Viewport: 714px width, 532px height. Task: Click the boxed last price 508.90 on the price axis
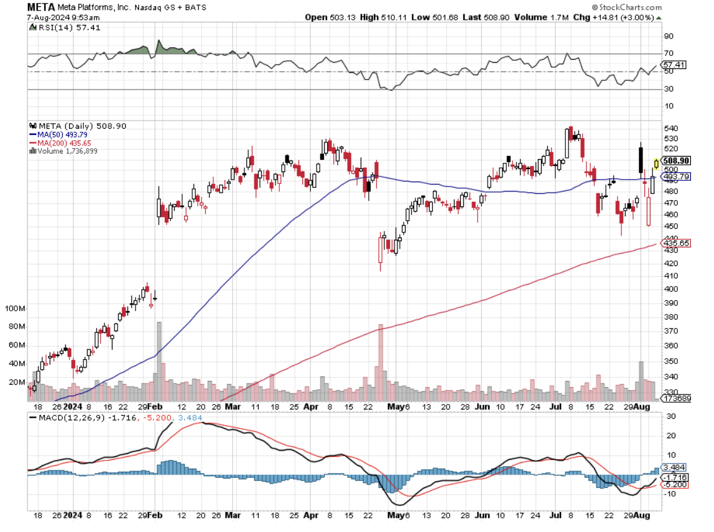tap(676, 160)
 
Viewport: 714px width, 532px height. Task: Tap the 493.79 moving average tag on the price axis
tap(676, 177)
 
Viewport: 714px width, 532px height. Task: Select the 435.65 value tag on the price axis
tap(676, 243)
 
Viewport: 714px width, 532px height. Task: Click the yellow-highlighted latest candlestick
tap(656, 164)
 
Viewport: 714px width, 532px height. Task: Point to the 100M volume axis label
tap(14, 309)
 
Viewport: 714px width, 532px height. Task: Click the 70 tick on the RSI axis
tap(669, 53)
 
